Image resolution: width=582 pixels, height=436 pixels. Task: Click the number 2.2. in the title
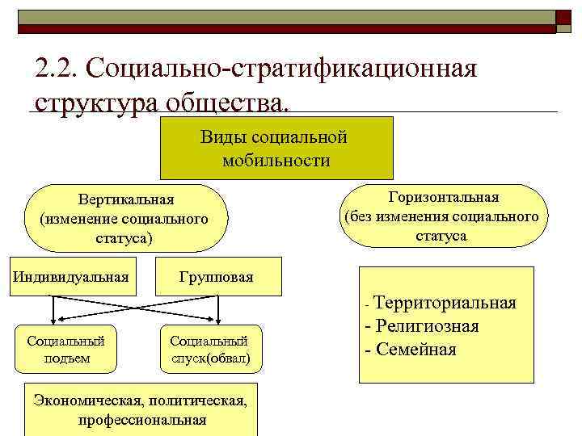(58, 70)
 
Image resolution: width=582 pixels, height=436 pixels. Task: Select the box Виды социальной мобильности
(276, 148)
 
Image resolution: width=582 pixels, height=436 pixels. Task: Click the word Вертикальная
(126, 199)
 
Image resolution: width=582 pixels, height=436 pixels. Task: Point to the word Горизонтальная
(443, 197)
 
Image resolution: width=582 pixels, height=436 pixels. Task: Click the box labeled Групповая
(216, 277)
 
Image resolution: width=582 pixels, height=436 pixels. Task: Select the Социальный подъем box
(67, 349)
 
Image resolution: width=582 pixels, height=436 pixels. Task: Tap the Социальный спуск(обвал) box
(210, 349)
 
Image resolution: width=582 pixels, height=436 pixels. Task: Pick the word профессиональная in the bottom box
(142, 420)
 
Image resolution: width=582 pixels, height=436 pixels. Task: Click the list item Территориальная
(445, 303)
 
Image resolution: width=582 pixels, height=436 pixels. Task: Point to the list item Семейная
(411, 350)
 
